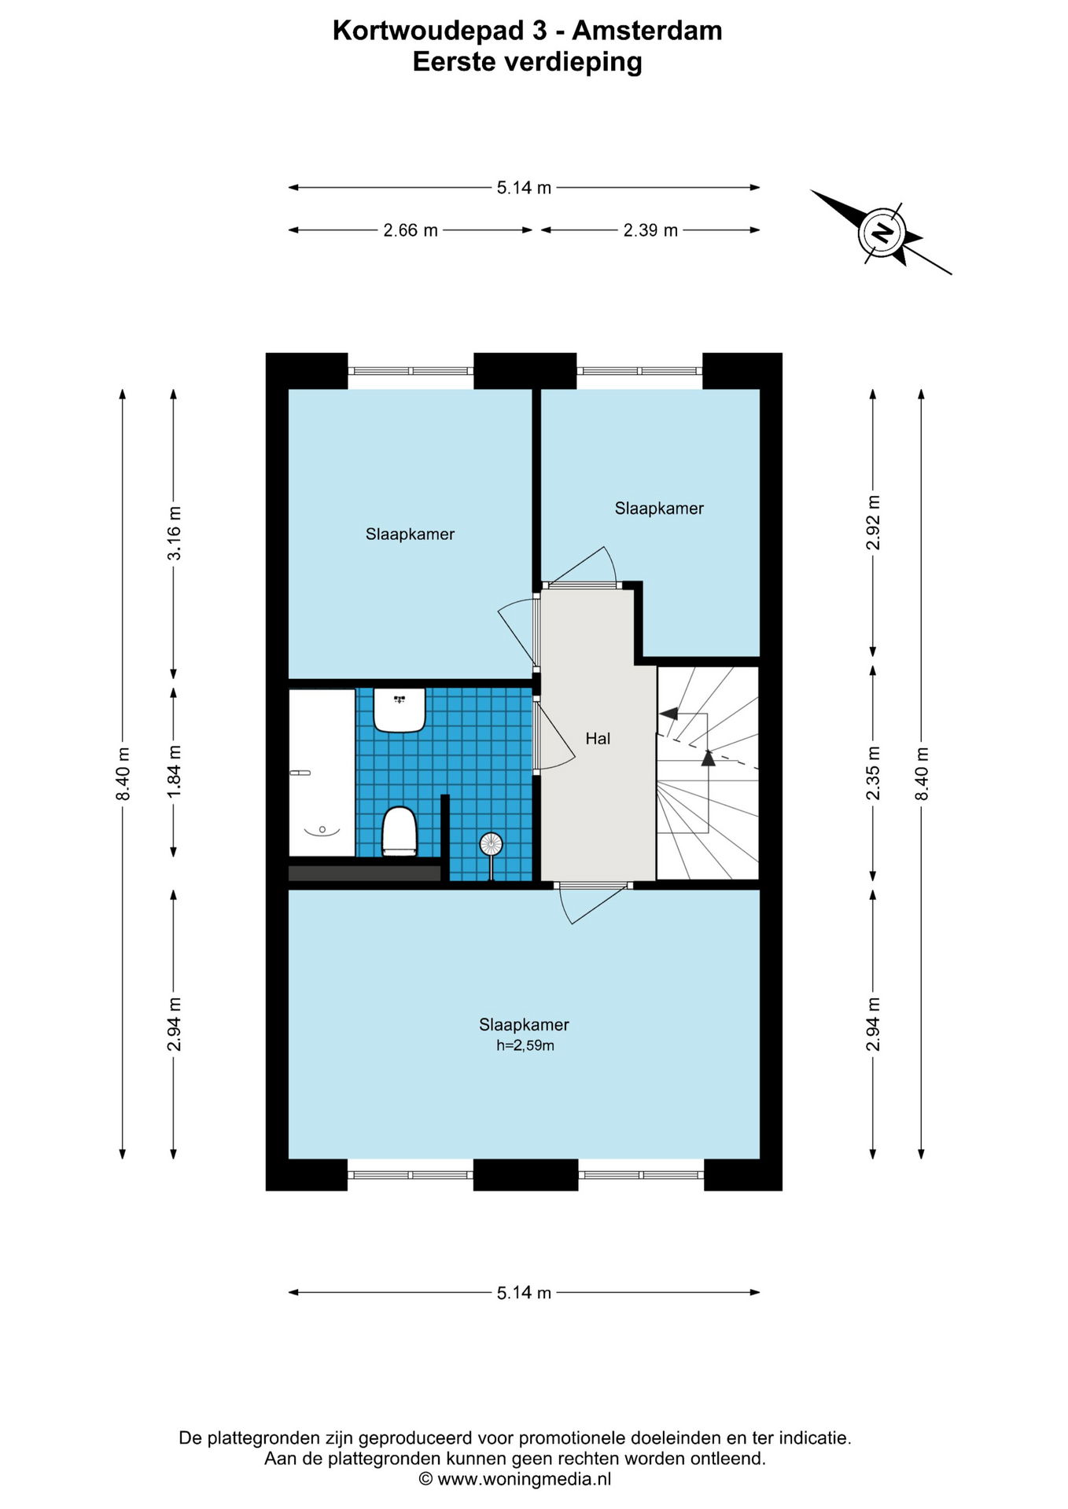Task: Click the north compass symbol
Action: pyautogui.click(x=882, y=233)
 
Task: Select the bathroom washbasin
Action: pyautogui.click(x=400, y=710)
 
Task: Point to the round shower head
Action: pyautogui.click(x=491, y=844)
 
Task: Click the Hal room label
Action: pyautogui.click(x=598, y=738)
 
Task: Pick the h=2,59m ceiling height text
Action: pyautogui.click(x=525, y=1045)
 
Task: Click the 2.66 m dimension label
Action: pyautogui.click(x=411, y=230)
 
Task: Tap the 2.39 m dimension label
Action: pyautogui.click(x=650, y=230)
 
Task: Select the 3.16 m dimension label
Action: pyautogui.click(x=174, y=533)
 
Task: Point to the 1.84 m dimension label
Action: pyautogui.click(x=174, y=772)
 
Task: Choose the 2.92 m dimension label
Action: pyautogui.click(x=873, y=523)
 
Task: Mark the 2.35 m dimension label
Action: pyautogui.click(x=873, y=773)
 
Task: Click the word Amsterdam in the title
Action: pyautogui.click(x=647, y=31)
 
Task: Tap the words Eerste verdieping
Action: pyautogui.click(x=528, y=61)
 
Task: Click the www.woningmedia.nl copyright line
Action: pyautogui.click(x=515, y=1479)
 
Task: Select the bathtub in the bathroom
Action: pyautogui.click(x=322, y=773)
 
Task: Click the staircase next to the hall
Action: pyautogui.click(x=708, y=773)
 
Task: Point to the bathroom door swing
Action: pyautogui.click(x=555, y=736)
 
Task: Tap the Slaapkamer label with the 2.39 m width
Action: pyautogui.click(x=659, y=509)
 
